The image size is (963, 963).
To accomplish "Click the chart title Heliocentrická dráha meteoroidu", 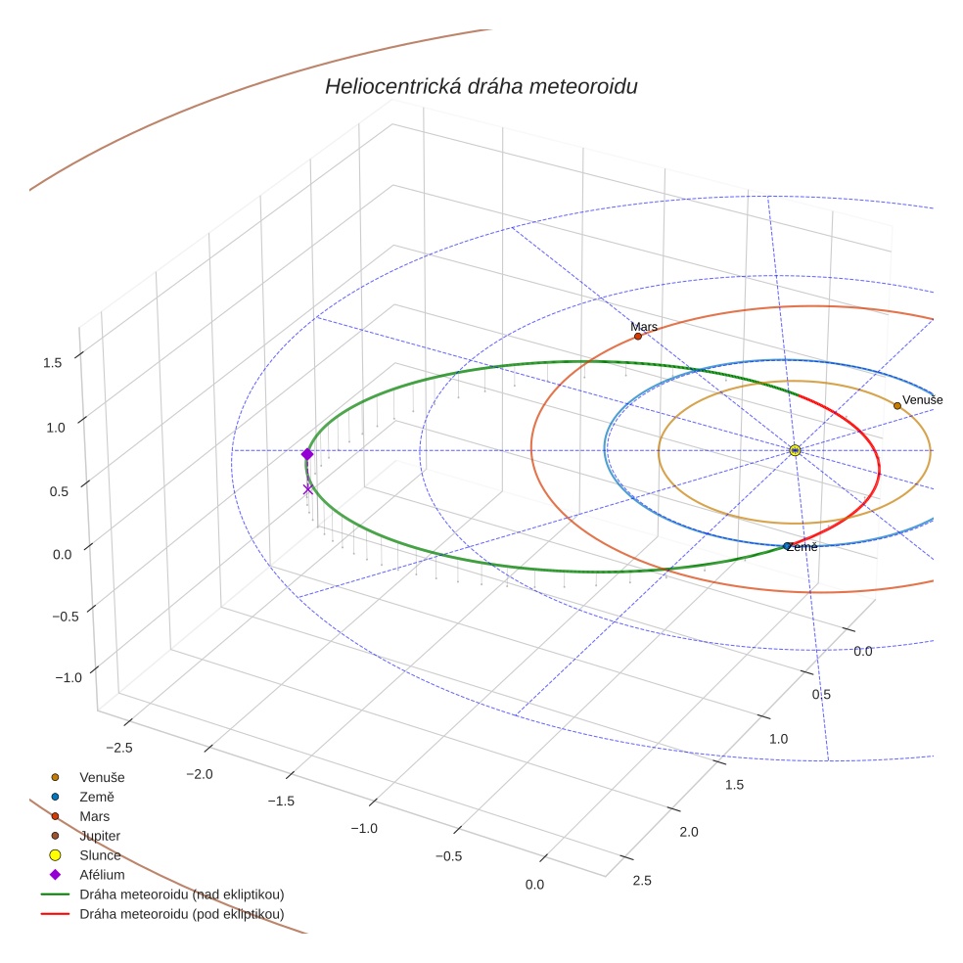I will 481,87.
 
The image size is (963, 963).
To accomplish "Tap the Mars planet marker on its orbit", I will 638,337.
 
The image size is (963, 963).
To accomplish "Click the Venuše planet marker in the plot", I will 897,405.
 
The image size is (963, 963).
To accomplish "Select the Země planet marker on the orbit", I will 788,545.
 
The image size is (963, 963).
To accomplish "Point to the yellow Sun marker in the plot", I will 795,450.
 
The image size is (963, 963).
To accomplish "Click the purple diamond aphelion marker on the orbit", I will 307,454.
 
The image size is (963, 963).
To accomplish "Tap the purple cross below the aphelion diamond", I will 307,489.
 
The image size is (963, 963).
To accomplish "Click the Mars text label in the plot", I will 644,327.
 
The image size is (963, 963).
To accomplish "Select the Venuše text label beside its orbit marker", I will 922,400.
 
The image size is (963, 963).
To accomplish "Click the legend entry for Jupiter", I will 100,836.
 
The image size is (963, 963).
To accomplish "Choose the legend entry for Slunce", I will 100,855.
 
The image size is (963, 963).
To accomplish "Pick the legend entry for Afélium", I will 102,875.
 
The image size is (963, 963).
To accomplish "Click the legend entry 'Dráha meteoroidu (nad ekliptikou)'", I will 182,894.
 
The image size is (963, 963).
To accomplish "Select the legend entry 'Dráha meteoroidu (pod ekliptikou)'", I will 182,914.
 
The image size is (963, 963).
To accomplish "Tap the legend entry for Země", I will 97,797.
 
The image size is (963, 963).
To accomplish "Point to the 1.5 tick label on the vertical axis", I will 53,362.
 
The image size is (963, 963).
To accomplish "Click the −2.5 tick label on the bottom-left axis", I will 118,747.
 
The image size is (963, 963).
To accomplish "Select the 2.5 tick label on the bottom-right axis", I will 642,881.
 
